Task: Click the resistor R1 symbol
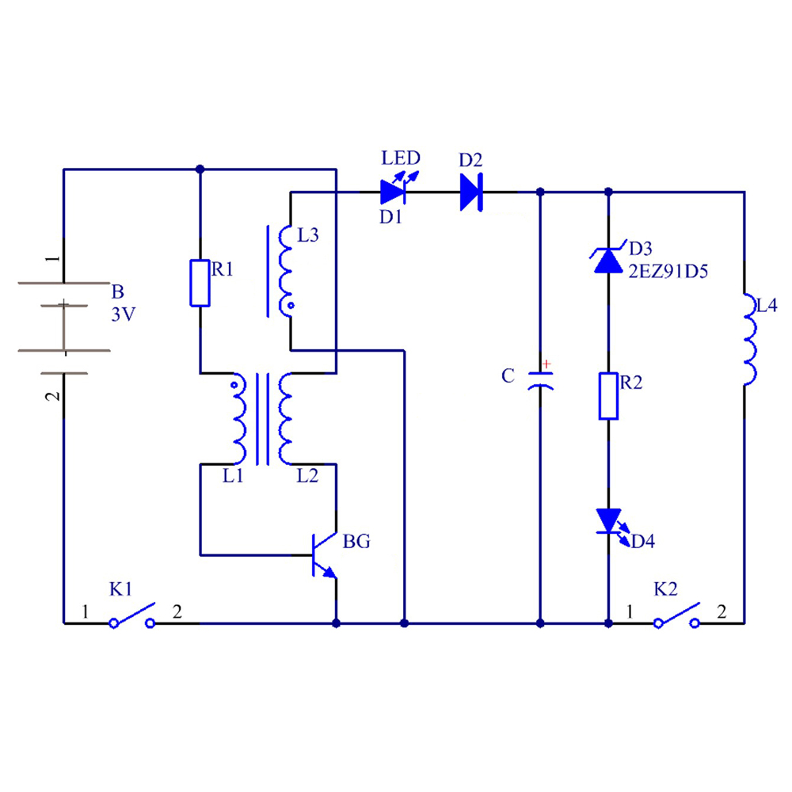coord(200,284)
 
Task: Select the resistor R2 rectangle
coord(608,396)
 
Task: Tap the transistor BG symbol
coord(323,555)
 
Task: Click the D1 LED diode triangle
coord(393,192)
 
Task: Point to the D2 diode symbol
coord(471,192)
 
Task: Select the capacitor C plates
coord(540,380)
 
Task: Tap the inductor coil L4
coord(749,340)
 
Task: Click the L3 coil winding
coord(285,271)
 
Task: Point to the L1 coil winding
coord(239,419)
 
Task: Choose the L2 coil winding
coord(285,419)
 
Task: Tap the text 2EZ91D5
coord(668,272)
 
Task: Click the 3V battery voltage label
coord(124,314)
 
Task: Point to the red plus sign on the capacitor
coord(546,364)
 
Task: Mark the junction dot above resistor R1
coord(200,169)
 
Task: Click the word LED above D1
coord(401,158)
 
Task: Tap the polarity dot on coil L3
coord(291,306)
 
